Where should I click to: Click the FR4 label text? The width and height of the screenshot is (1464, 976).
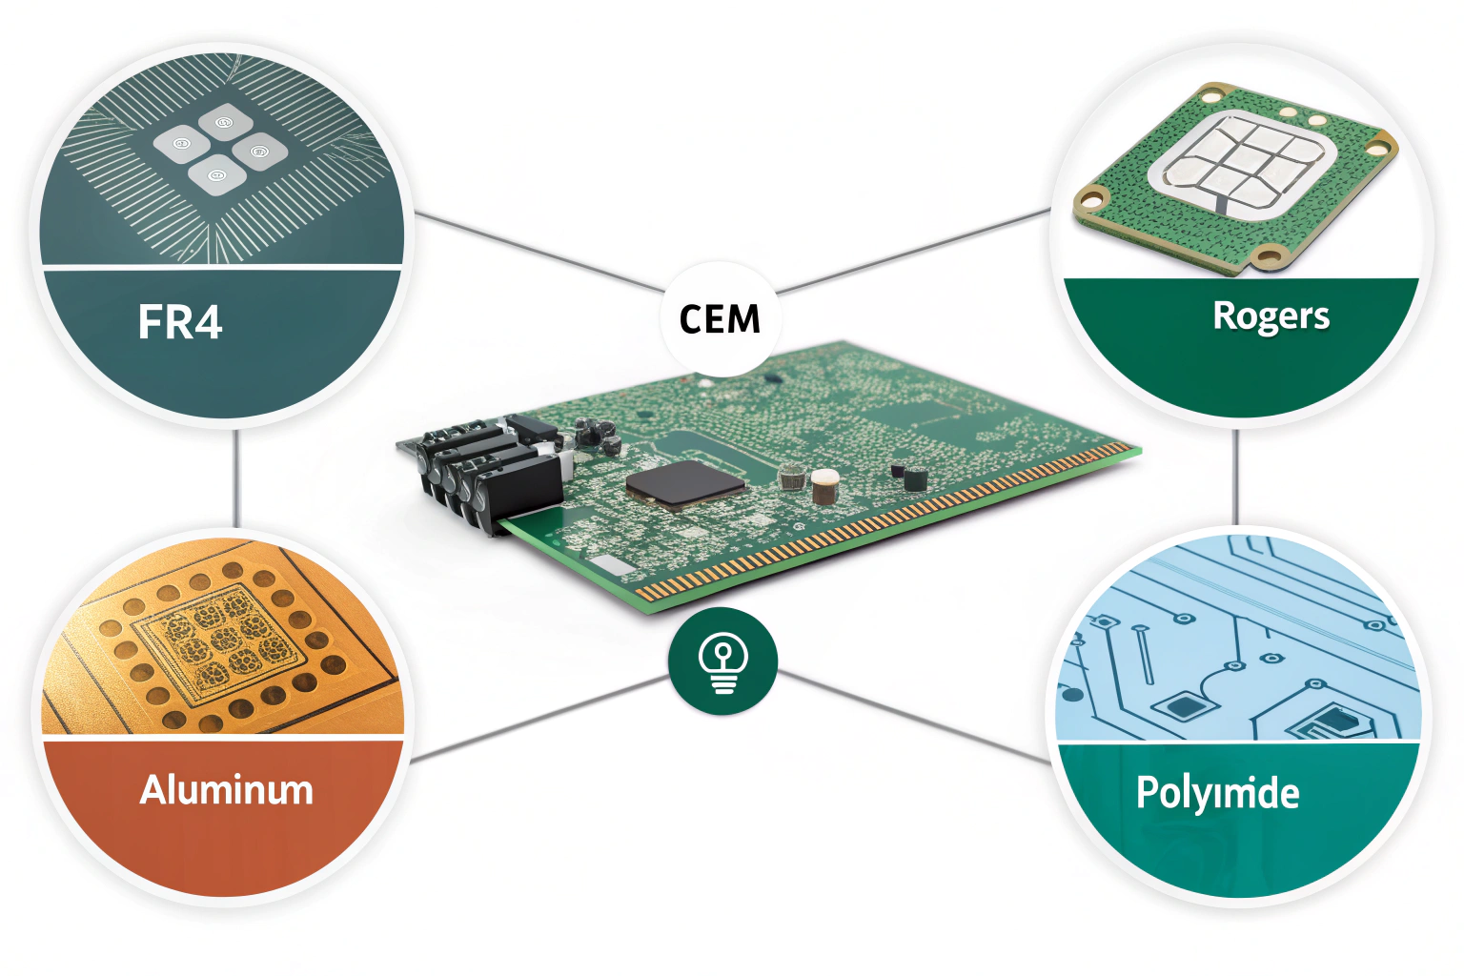(x=180, y=322)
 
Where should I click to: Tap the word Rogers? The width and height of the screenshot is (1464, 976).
(x=1271, y=316)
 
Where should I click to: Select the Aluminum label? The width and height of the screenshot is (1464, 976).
(x=226, y=790)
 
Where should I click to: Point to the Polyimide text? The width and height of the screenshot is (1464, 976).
(x=1217, y=793)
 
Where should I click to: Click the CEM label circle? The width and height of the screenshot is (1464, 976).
(x=721, y=318)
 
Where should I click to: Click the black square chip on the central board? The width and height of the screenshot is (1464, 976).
(x=685, y=483)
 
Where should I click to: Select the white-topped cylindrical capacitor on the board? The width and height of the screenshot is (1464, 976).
(x=824, y=485)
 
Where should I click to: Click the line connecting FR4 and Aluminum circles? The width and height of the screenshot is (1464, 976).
(x=235, y=477)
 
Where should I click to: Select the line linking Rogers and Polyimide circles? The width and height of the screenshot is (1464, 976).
(x=1235, y=477)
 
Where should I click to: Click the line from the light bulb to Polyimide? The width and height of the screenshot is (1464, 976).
(x=915, y=717)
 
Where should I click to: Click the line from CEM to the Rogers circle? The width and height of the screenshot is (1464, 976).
(x=915, y=249)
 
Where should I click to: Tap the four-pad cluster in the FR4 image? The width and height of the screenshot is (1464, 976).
(x=220, y=149)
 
